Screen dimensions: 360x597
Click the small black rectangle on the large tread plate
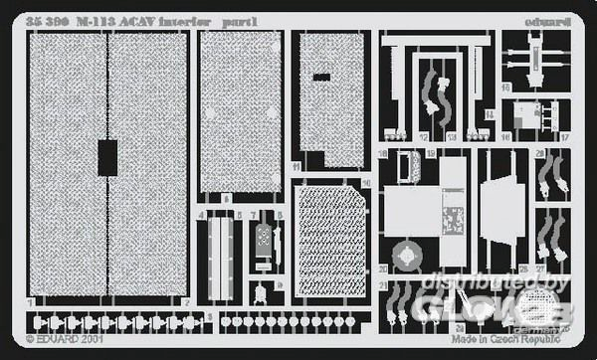107,156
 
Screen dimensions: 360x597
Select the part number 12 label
423,135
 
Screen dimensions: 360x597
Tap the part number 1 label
32,300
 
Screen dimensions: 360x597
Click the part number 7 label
255,214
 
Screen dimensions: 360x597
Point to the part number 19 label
431,154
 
